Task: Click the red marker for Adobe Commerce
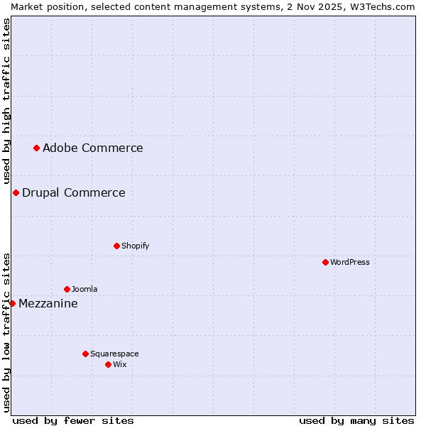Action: click(36, 148)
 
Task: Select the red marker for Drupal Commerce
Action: click(16, 192)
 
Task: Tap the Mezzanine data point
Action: click(12, 303)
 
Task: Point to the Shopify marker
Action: click(116, 246)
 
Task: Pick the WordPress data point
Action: click(325, 262)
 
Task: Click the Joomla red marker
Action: click(67, 289)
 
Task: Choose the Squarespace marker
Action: click(85, 354)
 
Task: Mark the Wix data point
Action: click(108, 364)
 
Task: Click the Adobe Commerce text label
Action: click(92, 148)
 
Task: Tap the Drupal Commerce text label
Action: click(73, 192)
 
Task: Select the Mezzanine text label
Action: click(48, 303)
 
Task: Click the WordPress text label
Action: click(349, 262)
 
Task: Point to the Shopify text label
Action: click(135, 246)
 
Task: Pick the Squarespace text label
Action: click(114, 354)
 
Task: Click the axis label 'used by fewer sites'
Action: click(73, 420)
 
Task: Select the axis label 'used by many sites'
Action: click(356, 420)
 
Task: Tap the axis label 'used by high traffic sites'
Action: click(6, 102)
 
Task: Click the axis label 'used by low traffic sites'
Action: click(6, 332)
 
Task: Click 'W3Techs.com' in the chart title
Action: click(385, 6)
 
